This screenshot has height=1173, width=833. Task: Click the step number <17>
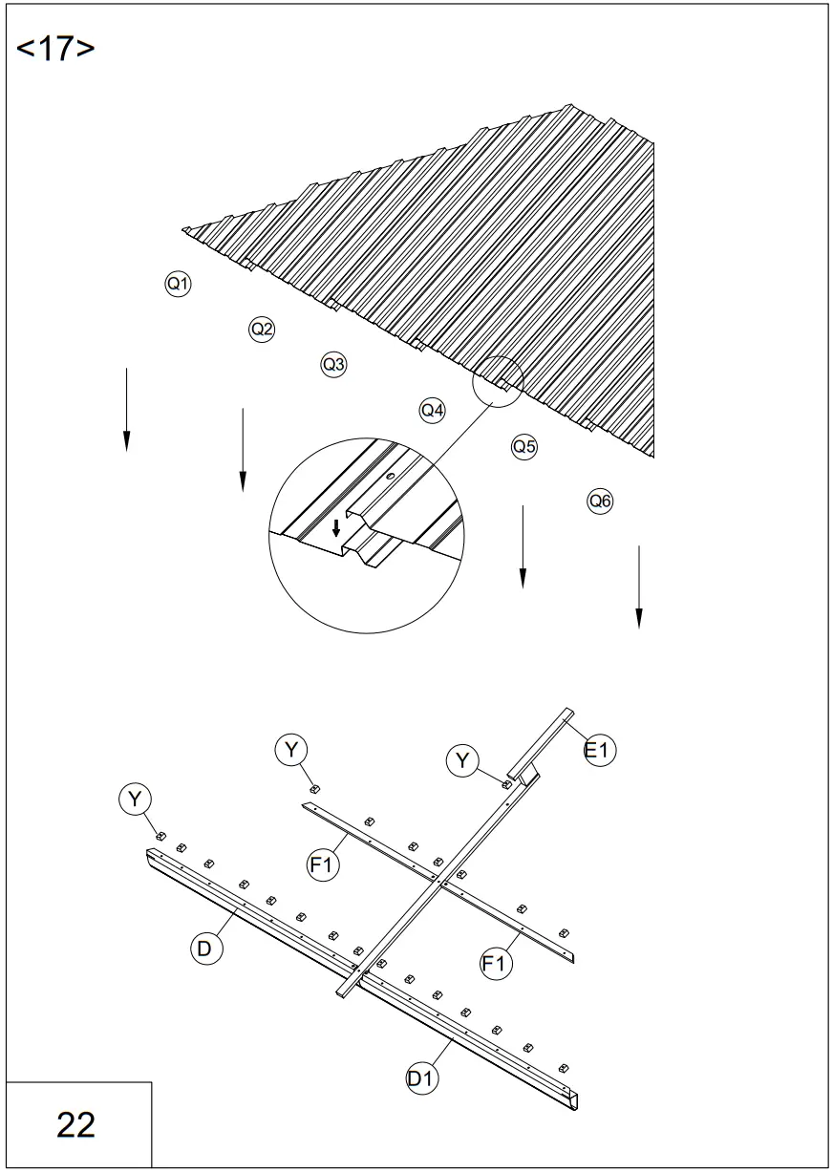(x=55, y=49)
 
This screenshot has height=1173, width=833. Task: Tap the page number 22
(x=75, y=1124)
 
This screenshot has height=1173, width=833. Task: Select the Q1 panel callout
(x=178, y=283)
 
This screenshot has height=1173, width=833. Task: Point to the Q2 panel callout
(x=262, y=330)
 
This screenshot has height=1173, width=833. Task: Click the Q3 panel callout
(x=333, y=364)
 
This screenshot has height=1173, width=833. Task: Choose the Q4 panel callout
(x=433, y=410)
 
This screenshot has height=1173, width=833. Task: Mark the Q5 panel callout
(x=524, y=445)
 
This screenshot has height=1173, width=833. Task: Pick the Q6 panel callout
(x=600, y=500)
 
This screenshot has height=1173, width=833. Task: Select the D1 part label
(x=421, y=1077)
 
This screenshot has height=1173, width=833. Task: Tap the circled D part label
(x=204, y=948)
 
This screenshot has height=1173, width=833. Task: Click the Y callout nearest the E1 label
(x=463, y=760)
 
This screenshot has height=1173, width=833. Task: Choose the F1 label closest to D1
(x=494, y=964)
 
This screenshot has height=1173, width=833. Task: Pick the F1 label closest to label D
(x=322, y=865)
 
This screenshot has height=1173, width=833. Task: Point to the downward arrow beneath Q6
(x=638, y=586)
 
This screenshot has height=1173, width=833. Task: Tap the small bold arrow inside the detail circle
(x=335, y=528)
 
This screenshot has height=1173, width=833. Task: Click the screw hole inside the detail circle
(x=390, y=475)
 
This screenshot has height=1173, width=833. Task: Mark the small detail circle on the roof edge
(x=498, y=381)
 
